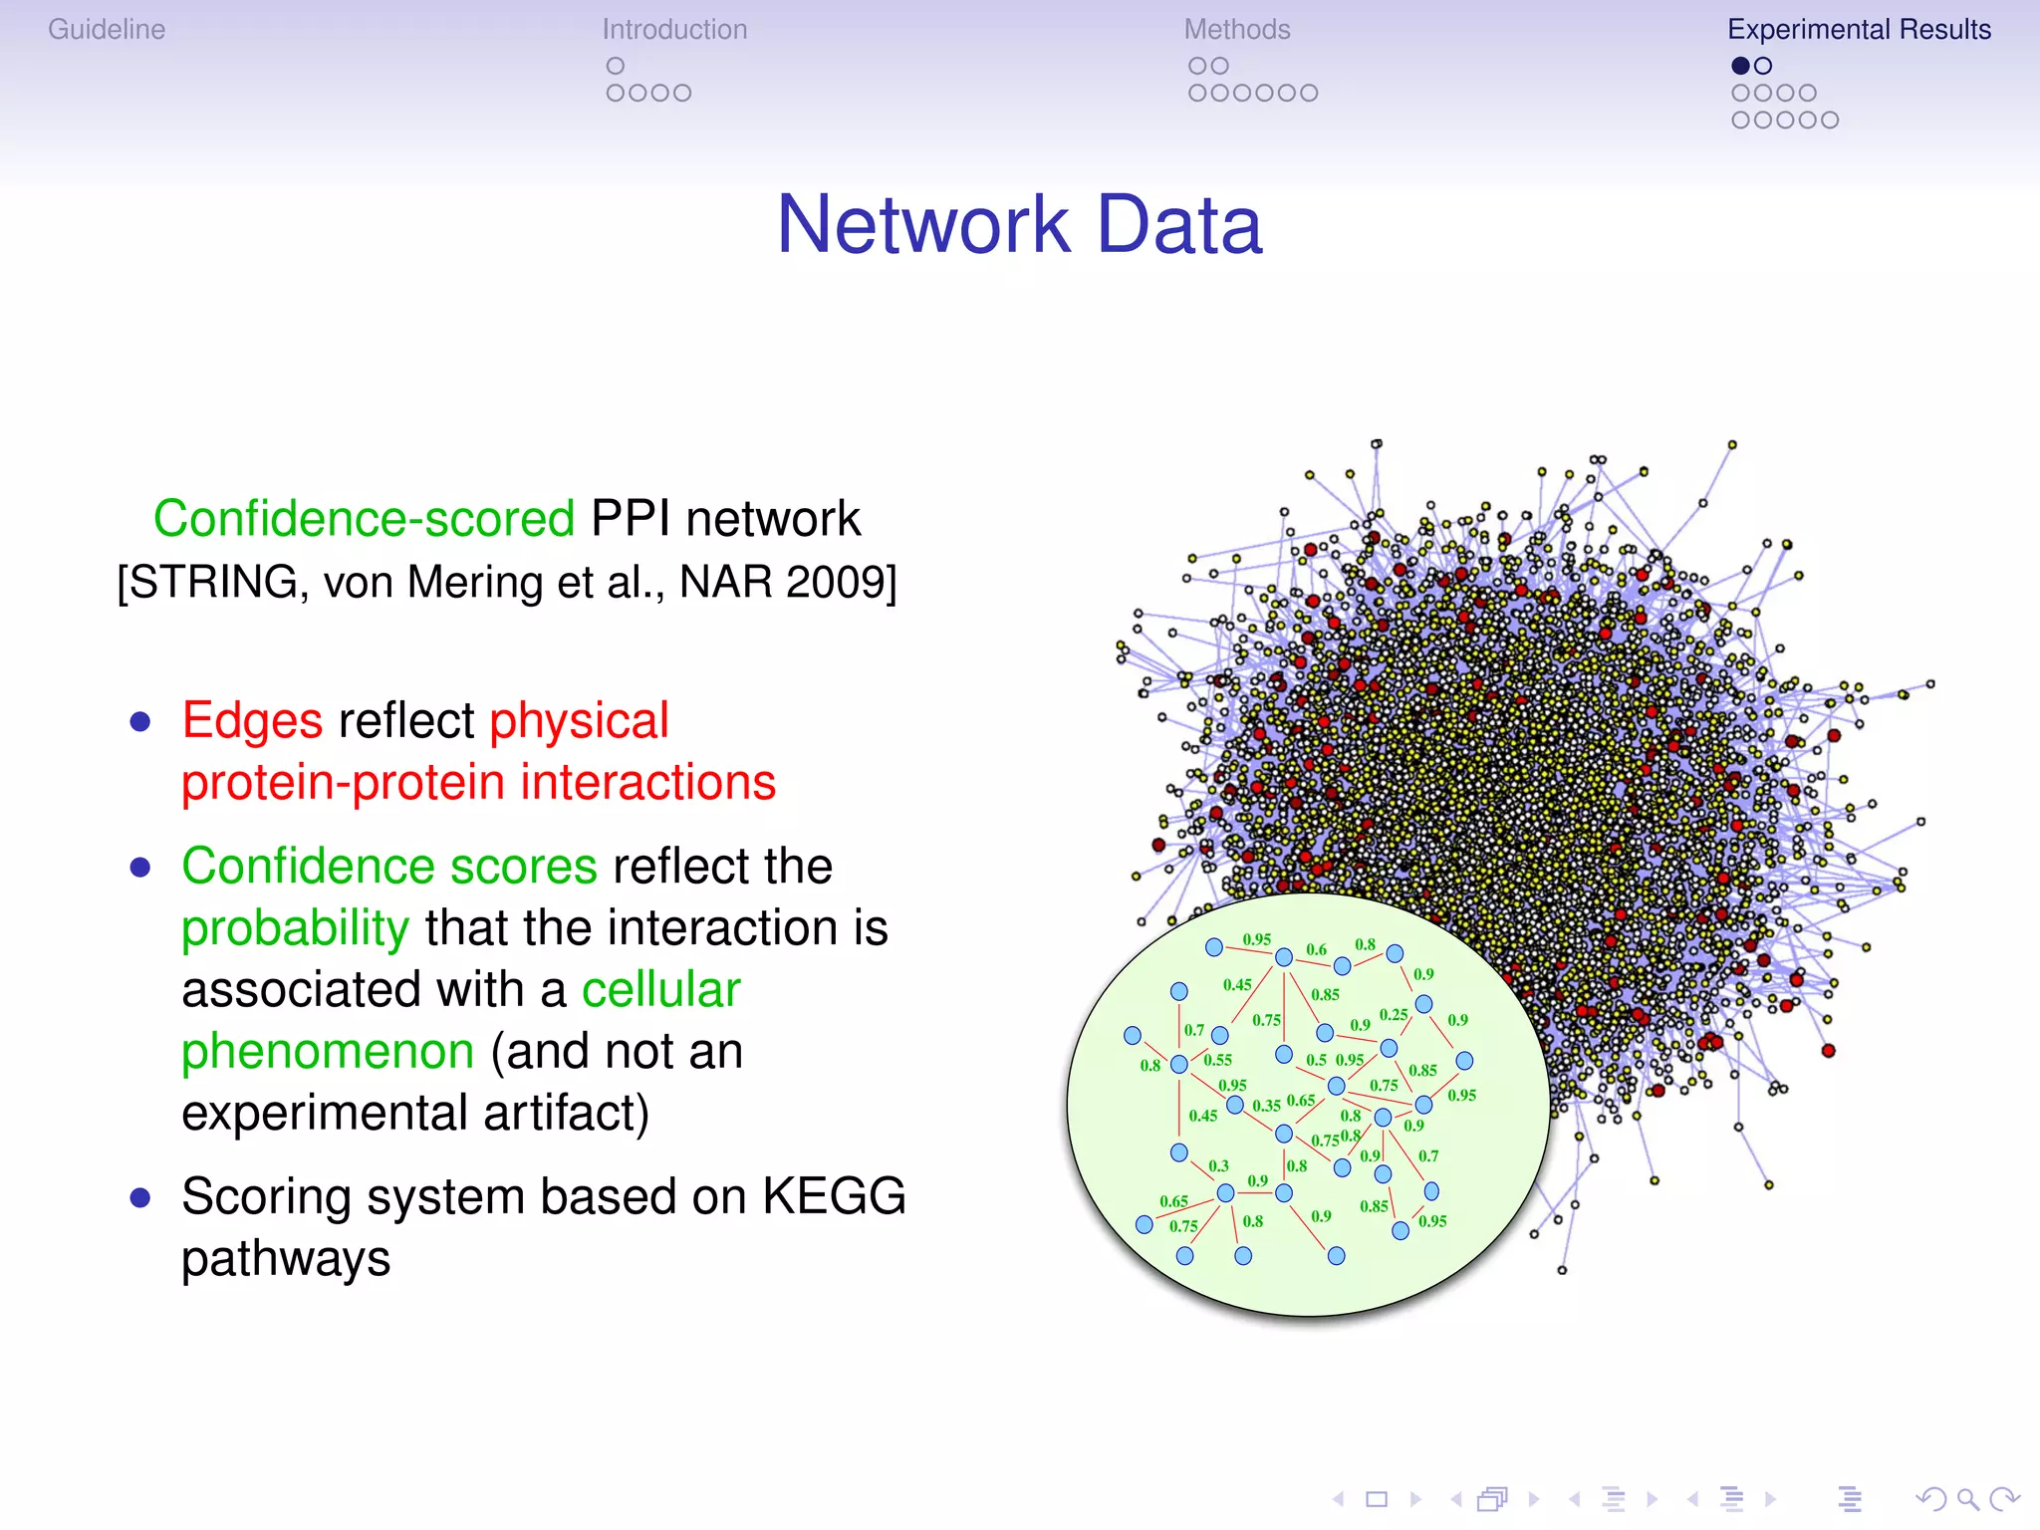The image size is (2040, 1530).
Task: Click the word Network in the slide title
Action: (x=922, y=225)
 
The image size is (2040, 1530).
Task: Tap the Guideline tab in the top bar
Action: (x=107, y=30)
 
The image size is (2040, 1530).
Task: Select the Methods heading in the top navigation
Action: (x=1236, y=30)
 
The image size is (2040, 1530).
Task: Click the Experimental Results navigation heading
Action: (x=1859, y=30)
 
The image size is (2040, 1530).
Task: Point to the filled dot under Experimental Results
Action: (x=1740, y=66)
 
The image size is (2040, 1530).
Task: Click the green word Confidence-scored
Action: (x=364, y=519)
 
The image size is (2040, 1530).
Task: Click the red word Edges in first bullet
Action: (x=252, y=721)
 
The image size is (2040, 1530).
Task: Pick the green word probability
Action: (x=295, y=928)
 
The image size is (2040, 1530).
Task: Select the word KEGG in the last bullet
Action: (x=834, y=1197)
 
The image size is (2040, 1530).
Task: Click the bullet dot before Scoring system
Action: (x=140, y=1197)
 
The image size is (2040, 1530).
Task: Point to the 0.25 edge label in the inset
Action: (x=1393, y=1015)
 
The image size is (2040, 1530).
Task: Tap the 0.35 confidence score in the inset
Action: (x=1266, y=1106)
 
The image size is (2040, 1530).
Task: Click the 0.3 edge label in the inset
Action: (x=1218, y=1165)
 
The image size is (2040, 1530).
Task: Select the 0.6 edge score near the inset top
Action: (x=1316, y=950)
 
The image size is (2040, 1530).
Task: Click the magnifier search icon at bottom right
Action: (x=1966, y=1498)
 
